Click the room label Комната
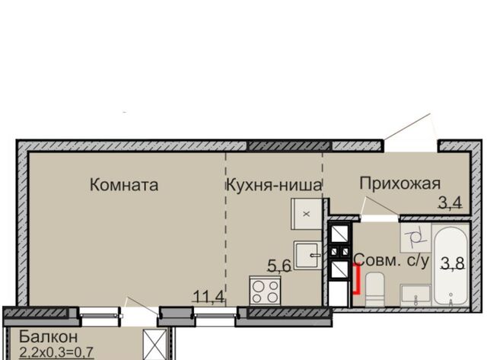(124, 185)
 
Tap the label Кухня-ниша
(274, 185)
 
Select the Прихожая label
(400, 183)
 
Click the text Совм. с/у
(391, 260)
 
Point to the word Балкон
(48, 336)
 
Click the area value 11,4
(208, 296)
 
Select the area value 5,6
(279, 266)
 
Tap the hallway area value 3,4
(450, 202)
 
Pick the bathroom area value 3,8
(453, 263)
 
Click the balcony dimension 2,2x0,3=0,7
(56, 352)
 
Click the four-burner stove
(265, 291)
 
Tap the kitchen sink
(307, 255)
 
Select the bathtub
(450, 266)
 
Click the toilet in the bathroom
(375, 289)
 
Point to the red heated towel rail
(357, 279)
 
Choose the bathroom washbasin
(415, 293)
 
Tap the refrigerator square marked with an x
(307, 214)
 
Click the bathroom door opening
(380, 218)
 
